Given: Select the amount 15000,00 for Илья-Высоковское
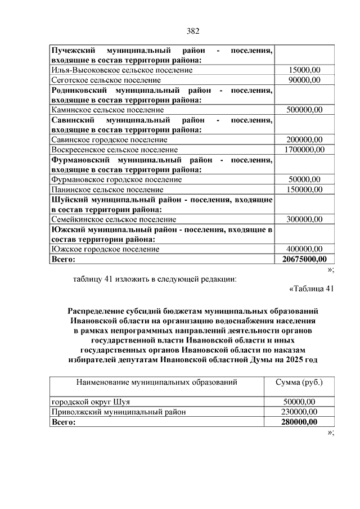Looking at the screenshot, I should click(x=304, y=70).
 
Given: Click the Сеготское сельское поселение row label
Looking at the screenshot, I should click(x=107, y=80).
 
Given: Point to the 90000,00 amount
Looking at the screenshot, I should click(x=304, y=80).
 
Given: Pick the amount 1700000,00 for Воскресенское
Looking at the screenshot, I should click(x=304, y=150).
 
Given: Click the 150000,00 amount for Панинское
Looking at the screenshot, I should click(x=304, y=190).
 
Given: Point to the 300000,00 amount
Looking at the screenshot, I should click(x=304, y=219).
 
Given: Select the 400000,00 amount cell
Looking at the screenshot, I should click(x=304, y=249).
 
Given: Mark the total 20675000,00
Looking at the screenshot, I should click(x=304, y=259).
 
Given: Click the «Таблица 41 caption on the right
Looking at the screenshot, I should click(x=311, y=289).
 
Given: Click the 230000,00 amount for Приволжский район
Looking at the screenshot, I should click(x=299, y=412).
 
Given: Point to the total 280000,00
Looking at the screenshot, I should click(x=299, y=422).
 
